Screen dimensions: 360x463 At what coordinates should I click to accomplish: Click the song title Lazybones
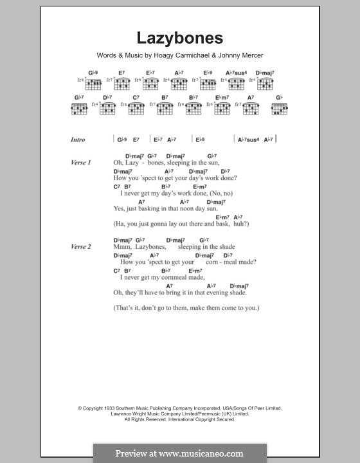click(x=179, y=37)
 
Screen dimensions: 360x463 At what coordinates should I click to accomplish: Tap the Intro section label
click(x=78, y=140)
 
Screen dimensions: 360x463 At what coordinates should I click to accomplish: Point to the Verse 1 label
click(x=80, y=163)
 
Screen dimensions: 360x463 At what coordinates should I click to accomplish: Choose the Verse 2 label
click(x=80, y=247)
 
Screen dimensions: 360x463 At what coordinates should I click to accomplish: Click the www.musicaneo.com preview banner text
click(x=179, y=453)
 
